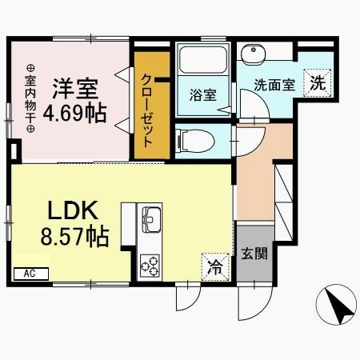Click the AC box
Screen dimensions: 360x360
tap(30, 274)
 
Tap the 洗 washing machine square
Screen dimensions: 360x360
tap(318, 82)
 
